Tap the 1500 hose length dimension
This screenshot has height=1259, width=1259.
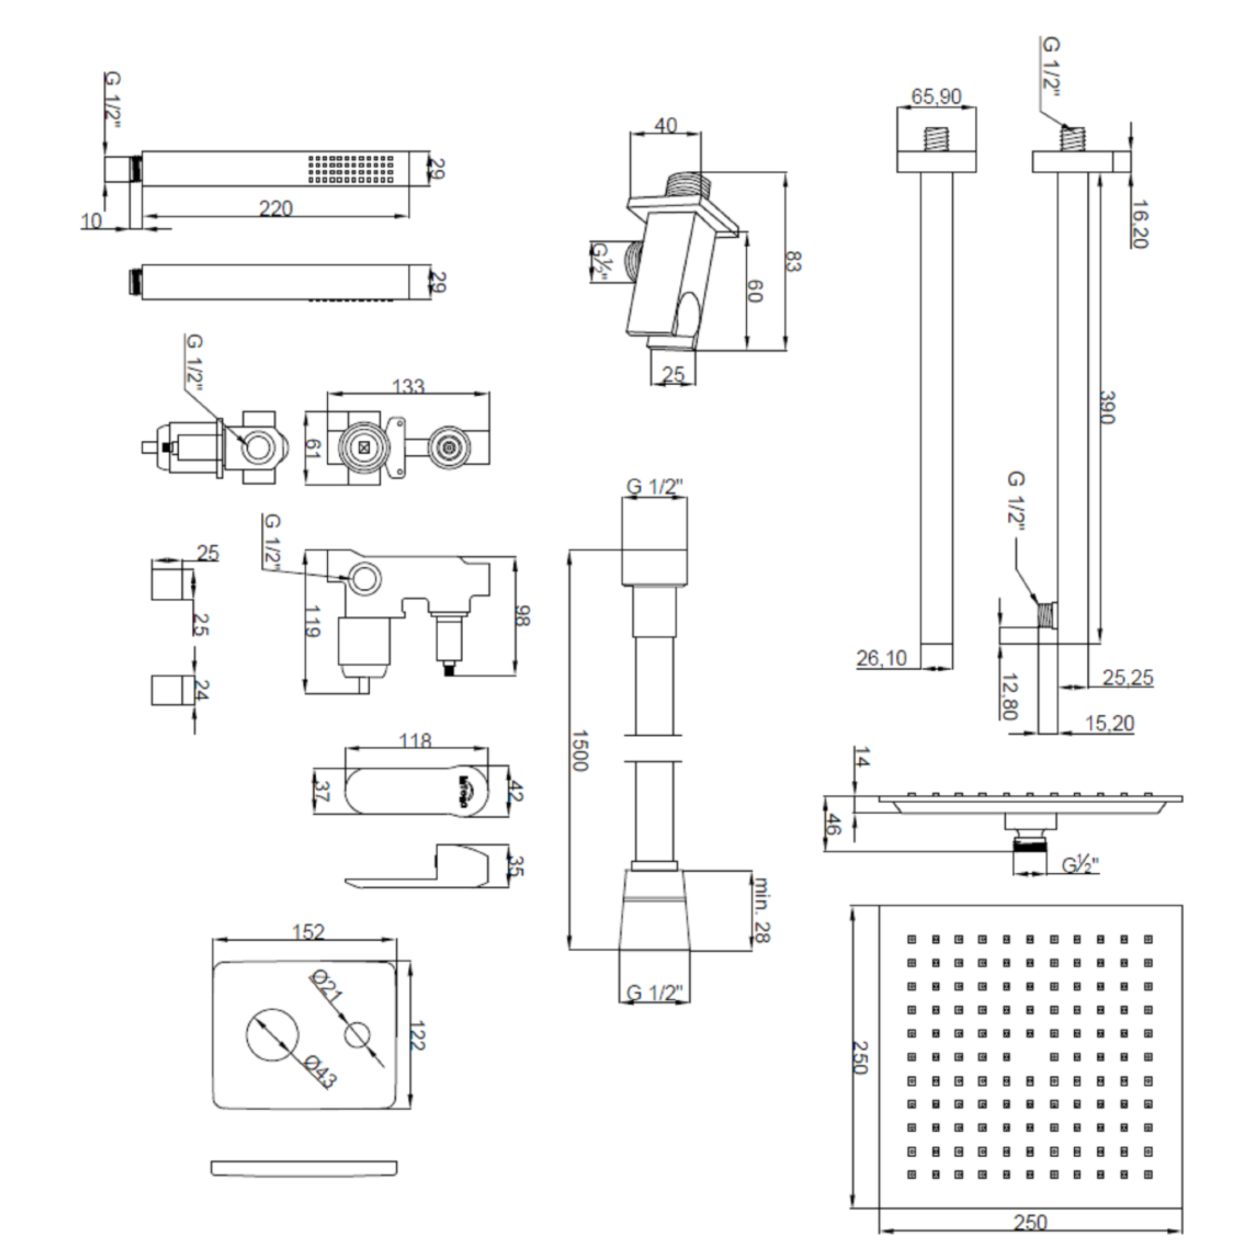click(x=579, y=751)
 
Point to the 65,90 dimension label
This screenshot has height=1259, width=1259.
click(x=936, y=97)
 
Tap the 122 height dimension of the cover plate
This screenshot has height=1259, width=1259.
click(x=416, y=1035)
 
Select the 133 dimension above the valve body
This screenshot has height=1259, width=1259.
click(x=408, y=386)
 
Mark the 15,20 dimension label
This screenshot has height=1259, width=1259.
click(x=1109, y=723)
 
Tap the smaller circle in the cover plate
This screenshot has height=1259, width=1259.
click(x=357, y=1036)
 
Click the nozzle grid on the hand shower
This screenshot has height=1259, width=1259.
click(x=351, y=168)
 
